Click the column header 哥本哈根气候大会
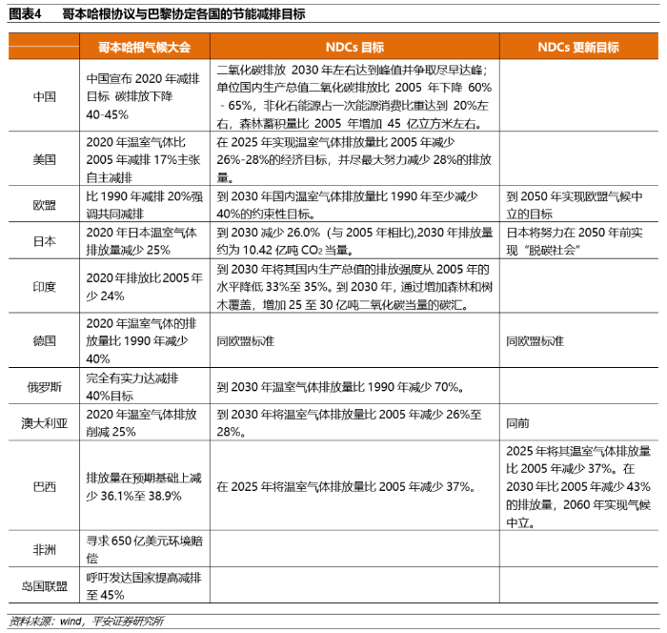click(x=144, y=47)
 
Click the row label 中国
click(x=44, y=96)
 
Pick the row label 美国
click(x=44, y=159)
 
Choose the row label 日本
click(x=44, y=241)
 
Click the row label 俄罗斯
click(x=44, y=386)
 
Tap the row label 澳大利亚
click(x=44, y=422)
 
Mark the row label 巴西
click(x=44, y=486)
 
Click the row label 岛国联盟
click(x=44, y=586)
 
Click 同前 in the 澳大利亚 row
click(x=516, y=422)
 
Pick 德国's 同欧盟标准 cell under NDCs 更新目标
click(x=535, y=340)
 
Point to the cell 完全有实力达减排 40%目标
click(x=144, y=386)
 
